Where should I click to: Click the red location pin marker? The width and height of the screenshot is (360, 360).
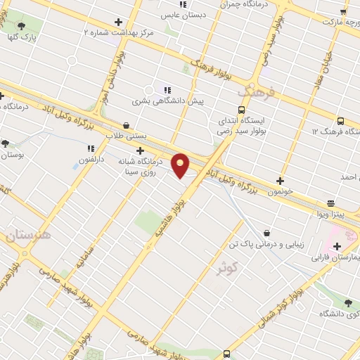pos(181,165)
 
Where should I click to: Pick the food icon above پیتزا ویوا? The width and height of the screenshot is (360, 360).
pos(330,202)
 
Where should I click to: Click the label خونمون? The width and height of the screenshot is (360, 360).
pos(280,192)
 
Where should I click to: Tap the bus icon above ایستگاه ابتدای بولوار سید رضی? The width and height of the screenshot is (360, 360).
pos(241,110)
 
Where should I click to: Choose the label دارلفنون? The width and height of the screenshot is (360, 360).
pos(91,160)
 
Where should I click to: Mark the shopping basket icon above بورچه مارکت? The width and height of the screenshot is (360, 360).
pos(343,11)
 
